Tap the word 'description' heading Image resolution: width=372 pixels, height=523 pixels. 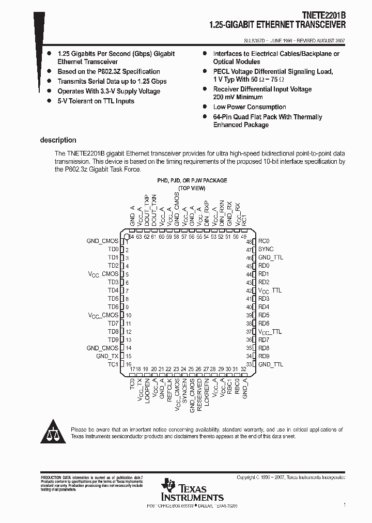tap(58, 140)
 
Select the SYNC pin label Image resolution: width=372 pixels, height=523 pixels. tap(266, 249)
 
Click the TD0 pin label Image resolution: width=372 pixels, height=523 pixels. tap(113, 249)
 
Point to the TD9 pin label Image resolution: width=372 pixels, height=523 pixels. tap(113, 340)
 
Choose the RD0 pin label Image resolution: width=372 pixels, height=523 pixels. tap(264, 266)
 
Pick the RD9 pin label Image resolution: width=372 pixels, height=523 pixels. tap(264, 356)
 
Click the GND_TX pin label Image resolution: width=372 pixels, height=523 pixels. tap(107, 356)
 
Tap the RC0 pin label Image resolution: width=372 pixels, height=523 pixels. tap(264, 241)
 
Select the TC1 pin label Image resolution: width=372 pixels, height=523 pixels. tap(113, 364)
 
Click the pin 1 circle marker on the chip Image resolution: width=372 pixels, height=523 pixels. tap(126, 237)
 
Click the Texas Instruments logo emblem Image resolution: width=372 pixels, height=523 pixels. tap(168, 486)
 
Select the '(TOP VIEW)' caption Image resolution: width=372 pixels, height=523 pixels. tap(192, 188)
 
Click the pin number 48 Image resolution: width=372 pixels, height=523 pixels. tap(249, 241)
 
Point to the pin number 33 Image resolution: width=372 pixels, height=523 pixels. tap(249, 364)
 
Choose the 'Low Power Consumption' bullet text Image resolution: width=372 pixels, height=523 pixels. tap(250, 107)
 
